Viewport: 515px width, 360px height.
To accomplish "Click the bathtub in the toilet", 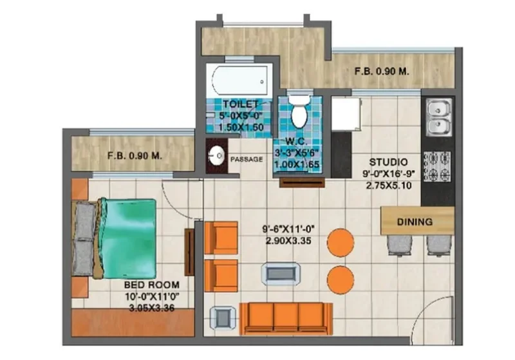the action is (239, 81).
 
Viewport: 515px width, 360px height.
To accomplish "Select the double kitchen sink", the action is (439, 117).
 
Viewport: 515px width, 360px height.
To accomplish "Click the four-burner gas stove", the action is (438, 166).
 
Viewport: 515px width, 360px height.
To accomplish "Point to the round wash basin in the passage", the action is (216, 155).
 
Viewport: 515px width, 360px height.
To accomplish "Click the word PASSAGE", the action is (247, 159).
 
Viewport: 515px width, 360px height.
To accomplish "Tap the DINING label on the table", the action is (415, 222).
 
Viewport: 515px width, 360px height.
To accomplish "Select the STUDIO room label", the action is (389, 162).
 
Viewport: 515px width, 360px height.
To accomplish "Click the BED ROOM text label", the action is (152, 285).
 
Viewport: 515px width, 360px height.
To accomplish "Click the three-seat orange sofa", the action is (286, 319).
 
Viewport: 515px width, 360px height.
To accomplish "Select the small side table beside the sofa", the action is (223, 317).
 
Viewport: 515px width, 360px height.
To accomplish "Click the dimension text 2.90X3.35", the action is (288, 241).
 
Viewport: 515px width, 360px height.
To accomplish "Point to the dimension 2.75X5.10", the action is (389, 185).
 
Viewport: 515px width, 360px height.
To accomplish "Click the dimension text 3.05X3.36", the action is (152, 308).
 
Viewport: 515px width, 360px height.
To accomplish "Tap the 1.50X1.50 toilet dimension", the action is (241, 128).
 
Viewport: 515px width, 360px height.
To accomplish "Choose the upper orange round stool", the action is (341, 242).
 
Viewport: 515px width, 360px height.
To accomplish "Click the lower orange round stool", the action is (341, 280).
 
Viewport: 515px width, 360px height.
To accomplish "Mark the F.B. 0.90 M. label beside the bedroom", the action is (135, 156).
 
